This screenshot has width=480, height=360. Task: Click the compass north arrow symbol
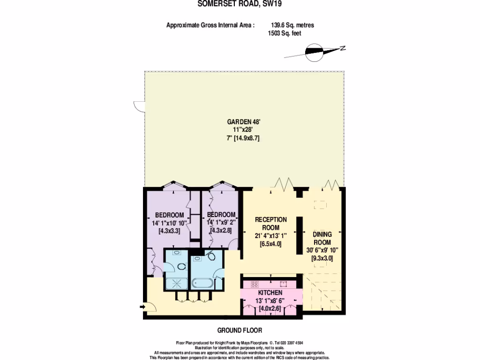click(x=315, y=52)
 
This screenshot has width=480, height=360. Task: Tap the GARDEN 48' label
click(x=241, y=122)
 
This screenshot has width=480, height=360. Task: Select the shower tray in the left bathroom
click(x=176, y=283)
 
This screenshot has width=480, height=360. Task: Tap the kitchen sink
click(x=284, y=284)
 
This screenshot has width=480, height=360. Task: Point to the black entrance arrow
click(x=142, y=307)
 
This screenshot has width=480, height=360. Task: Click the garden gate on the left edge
click(x=138, y=106)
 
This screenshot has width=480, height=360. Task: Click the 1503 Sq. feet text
click(x=284, y=34)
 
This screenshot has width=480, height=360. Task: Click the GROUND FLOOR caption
click(x=240, y=330)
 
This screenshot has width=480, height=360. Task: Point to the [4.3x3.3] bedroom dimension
click(x=169, y=231)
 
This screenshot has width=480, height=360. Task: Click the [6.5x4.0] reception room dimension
click(x=270, y=244)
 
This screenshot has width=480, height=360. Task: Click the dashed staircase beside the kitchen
click(x=323, y=293)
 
